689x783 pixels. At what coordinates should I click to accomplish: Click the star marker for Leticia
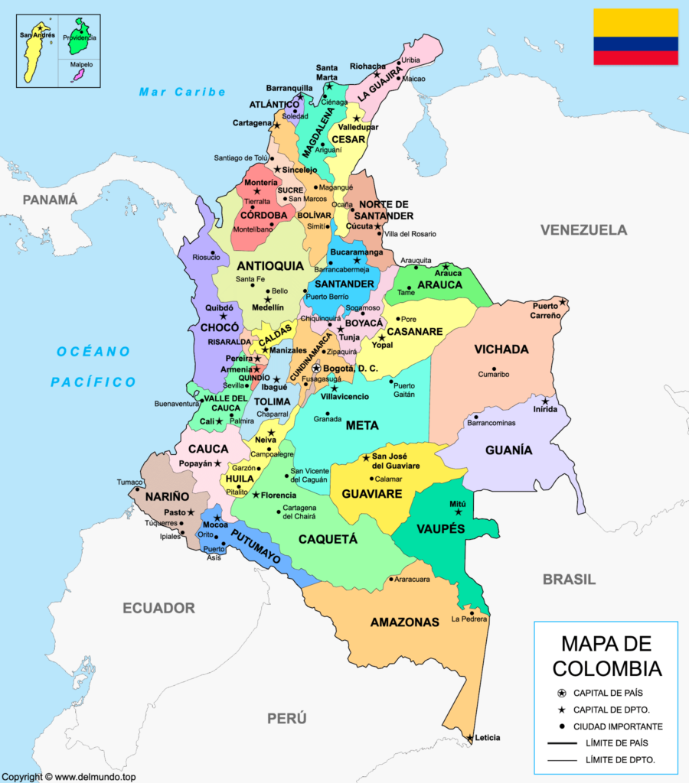[x=469, y=738]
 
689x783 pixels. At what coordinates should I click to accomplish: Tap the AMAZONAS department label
[x=404, y=622]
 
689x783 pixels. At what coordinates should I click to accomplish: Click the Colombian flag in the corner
[x=635, y=37]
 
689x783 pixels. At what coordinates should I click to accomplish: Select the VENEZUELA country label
[x=583, y=229]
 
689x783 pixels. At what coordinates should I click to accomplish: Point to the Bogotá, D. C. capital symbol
[x=315, y=369]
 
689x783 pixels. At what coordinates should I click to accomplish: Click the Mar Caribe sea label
[x=182, y=92]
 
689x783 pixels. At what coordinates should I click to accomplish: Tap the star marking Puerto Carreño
[x=562, y=302]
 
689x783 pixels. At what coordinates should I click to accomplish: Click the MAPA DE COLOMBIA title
[x=606, y=655]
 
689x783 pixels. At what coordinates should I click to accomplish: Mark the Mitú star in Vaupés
[x=459, y=512]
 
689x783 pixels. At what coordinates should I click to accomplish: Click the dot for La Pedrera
[x=473, y=612]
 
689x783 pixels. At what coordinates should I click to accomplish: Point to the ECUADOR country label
[x=158, y=608]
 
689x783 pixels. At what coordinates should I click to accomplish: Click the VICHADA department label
[x=501, y=349]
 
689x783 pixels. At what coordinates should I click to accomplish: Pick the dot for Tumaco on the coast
[x=146, y=482]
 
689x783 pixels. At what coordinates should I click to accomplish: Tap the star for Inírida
[x=545, y=401]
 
